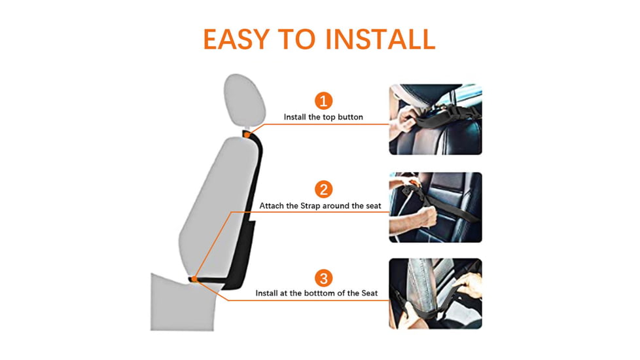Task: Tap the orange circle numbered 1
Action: pos(323,101)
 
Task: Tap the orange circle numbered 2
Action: pos(323,189)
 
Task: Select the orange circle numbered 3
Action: pos(323,277)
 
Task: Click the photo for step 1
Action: pos(435,119)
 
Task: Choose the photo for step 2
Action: pos(435,207)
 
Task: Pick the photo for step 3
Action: pos(435,293)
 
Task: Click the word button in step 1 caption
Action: pos(348,117)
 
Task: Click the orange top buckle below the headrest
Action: pos(247,135)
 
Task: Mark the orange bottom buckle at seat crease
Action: pos(194,279)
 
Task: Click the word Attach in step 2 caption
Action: pos(272,206)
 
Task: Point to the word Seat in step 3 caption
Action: pos(370,293)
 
